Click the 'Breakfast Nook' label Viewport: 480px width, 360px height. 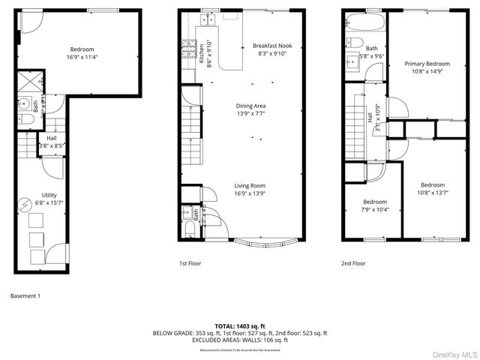(x=272, y=44)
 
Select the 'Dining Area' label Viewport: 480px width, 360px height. (x=250, y=106)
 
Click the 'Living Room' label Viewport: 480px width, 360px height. (x=250, y=185)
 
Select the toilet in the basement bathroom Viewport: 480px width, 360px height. (x=24, y=121)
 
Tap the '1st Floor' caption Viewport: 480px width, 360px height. (x=190, y=263)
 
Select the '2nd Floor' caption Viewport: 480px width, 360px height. (x=353, y=263)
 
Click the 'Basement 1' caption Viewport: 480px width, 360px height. (x=25, y=295)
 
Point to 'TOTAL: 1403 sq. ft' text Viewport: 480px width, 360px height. (x=240, y=326)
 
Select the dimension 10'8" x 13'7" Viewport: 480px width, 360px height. (x=432, y=192)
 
